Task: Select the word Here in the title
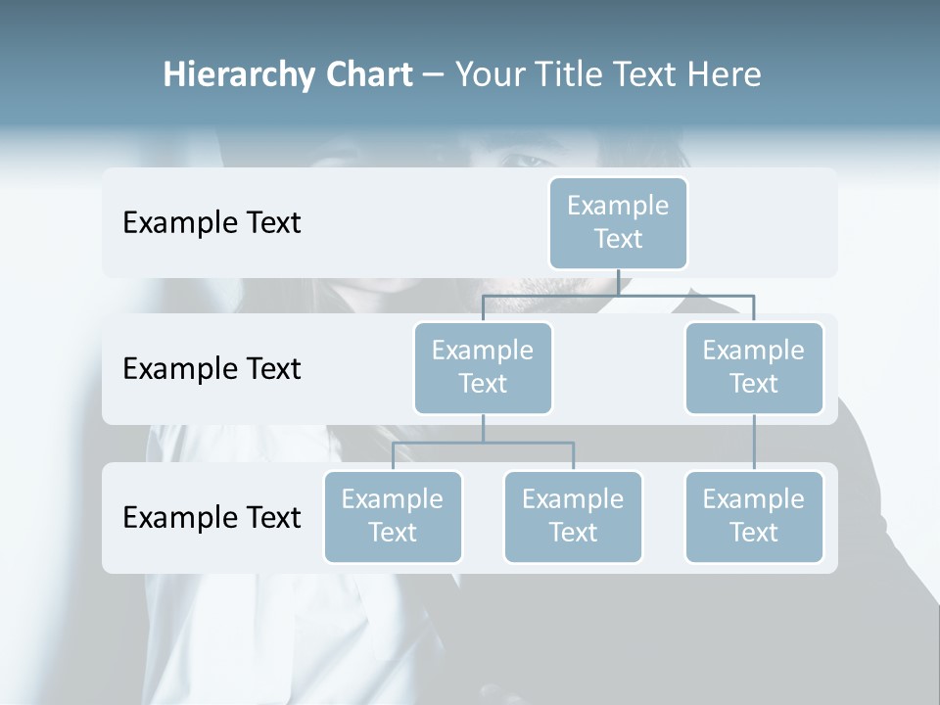click(725, 75)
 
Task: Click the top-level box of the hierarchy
click(618, 222)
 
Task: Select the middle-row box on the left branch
click(483, 367)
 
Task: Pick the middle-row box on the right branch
click(754, 367)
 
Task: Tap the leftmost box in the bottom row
click(393, 516)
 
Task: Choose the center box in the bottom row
click(573, 516)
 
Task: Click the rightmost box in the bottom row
click(754, 516)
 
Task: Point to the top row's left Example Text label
click(211, 223)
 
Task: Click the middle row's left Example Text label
click(211, 369)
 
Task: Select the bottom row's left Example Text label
click(211, 517)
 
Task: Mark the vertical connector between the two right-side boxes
click(754, 443)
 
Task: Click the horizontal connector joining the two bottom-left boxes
click(483, 443)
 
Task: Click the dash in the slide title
click(434, 75)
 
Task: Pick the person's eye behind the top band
click(530, 160)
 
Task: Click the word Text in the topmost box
click(618, 239)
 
